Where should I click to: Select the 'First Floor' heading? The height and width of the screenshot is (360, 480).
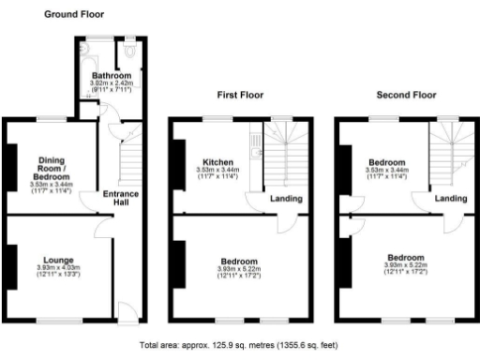(x=240, y=95)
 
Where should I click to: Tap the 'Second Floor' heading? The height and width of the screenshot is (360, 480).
(x=406, y=95)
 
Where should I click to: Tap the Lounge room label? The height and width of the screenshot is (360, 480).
(x=58, y=259)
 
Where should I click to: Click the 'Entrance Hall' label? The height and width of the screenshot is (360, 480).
(x=122, y=199)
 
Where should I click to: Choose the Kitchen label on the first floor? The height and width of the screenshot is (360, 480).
(x=217, y=161)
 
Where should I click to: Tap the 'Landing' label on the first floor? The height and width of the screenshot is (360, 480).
(x=286, y=198)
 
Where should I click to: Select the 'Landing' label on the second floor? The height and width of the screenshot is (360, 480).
(x=451, y=198)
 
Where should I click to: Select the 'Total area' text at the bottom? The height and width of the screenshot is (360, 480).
(x=239, y=344)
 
